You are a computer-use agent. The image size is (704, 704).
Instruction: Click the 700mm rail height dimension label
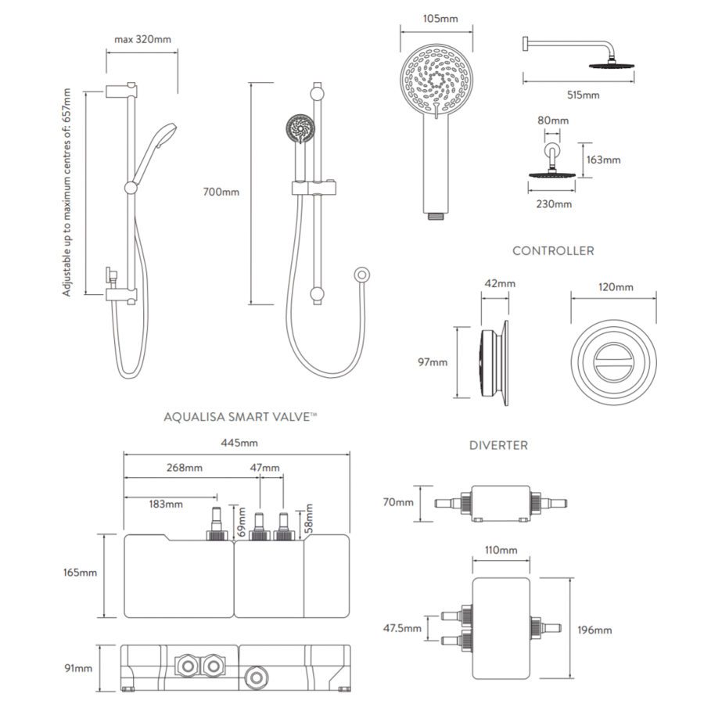[x=221, y=192]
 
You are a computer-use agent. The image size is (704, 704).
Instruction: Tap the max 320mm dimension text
[x=143, y=40]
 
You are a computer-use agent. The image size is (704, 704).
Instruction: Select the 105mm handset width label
[x=440, y=19]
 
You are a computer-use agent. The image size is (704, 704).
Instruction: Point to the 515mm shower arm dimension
[x=584, y=95]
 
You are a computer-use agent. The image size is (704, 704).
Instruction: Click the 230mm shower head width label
[x=554, y=204]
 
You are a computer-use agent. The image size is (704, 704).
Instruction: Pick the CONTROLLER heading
[x=553, y=251]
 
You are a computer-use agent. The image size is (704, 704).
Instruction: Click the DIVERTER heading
[x=498, y=445]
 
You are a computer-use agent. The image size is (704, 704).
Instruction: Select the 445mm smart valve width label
[x=239, y=444]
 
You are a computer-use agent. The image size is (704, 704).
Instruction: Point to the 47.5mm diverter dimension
[x=402, y=628]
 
